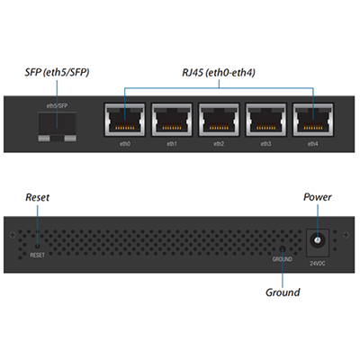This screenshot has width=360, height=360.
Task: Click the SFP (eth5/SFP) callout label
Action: pos(57,73)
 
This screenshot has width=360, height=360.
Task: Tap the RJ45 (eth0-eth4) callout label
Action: pos(219,73)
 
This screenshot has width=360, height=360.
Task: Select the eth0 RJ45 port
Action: pos(125,120)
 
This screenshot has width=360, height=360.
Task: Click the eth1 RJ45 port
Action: pos(172,120)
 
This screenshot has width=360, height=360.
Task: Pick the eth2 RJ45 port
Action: pos(219,120)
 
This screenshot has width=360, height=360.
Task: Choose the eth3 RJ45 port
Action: pos(265,120)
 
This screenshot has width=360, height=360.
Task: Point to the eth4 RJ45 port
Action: pos(313,120)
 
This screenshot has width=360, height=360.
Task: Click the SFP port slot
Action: pos(57,127)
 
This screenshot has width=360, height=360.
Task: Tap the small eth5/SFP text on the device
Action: pos(57,106)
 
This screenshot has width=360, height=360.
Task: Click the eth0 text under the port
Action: pos(125,144)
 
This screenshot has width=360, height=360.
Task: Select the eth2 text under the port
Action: pos(219,144)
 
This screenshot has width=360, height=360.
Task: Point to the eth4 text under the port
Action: pos(312,144)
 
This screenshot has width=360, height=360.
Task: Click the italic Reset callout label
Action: pos(38,197)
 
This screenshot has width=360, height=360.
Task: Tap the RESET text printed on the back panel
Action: pos(37,256)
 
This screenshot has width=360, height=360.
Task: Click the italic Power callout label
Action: pos(318,197)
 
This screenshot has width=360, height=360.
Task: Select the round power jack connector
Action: pos(317,240)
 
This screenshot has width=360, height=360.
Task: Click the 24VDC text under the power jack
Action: pos(318,264)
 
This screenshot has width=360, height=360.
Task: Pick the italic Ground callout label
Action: pos(283,292)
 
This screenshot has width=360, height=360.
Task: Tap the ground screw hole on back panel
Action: pos(283,248)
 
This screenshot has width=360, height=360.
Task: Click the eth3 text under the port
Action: pos(265,144)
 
